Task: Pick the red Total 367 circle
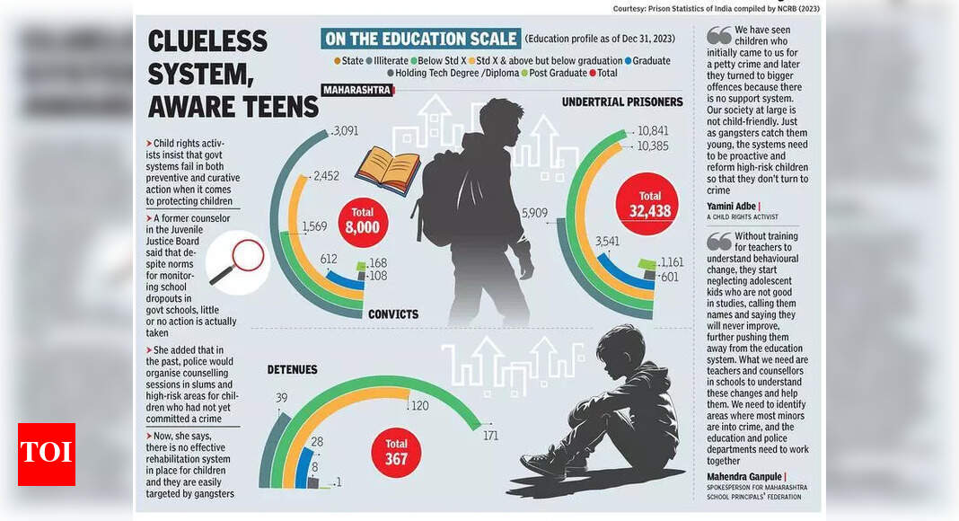click(396, 451)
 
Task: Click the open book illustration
click(387, 171)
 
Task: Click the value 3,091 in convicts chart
click(345, 130)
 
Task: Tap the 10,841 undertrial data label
click(652, 131)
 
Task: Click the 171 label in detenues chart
click(490, 437)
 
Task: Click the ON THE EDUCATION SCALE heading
click(421, 39)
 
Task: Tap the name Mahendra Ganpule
click(745, 476)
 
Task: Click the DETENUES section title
click(293, 369)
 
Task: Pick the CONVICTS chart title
click(393, 314)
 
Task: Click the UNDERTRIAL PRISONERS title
click(622, 102)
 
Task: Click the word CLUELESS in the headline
click(207, 41)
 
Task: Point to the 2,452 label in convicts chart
click(326, 177)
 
